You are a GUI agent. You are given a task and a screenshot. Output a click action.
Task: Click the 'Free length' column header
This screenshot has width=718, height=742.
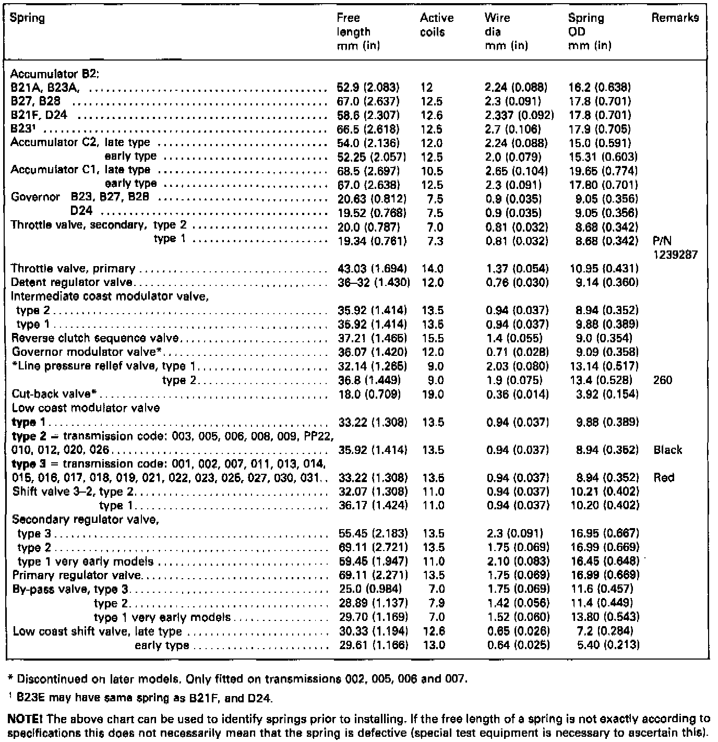[354, 31]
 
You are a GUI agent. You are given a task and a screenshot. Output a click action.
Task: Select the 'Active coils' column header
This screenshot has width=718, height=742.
[436, 25]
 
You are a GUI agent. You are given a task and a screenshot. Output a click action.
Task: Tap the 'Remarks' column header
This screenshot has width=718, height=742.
[675, 18]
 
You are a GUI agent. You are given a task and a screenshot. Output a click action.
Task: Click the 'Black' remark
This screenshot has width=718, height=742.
[667, 450]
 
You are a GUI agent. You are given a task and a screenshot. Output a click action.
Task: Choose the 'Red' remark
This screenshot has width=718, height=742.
[664, 477]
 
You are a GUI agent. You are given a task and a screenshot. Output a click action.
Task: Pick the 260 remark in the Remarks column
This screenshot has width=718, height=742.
[663, 380]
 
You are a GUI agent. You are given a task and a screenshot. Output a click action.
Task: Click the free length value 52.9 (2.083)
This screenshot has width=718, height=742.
[368, 87]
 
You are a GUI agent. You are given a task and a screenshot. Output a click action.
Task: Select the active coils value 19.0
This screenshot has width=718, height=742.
[432, 394]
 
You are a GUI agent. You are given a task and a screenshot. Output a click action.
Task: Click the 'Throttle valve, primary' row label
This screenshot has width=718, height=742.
[73, 269]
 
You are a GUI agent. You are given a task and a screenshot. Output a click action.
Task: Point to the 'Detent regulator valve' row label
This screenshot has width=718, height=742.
[72, 282]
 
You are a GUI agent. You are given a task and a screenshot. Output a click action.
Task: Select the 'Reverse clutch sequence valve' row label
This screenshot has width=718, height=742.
[95, 338]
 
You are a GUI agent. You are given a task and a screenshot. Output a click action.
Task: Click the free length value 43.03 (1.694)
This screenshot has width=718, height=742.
[372, 269]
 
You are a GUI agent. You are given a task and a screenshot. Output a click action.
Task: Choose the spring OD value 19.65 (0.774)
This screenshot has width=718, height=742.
[603, 171]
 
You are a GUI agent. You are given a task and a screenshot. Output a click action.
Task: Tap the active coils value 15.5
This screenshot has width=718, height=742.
[432, 338]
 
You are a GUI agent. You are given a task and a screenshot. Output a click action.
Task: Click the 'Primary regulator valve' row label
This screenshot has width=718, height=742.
[77, 575]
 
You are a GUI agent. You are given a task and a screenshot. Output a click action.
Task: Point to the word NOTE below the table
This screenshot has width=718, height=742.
[22, 719]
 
